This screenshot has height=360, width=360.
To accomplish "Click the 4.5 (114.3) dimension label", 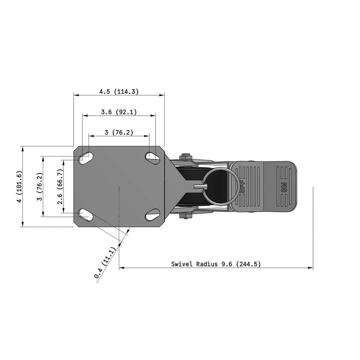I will pyautogui.click(x=119, y=91).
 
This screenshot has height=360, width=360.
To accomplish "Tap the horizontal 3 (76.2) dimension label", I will pyautogui.click(x=118, y=132).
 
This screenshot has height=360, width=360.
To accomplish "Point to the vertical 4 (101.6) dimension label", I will pyautogui.click(x=18, y=187).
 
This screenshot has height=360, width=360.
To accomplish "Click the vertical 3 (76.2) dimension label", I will pyautogui.click(x=39, y=187).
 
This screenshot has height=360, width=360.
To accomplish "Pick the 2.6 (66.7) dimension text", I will pyautogui.click(x=60, y=187).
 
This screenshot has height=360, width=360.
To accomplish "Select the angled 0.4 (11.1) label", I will pyautogui.click(x=105, y=263).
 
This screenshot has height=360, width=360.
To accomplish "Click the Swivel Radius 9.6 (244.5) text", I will pyautogui.click(x=216, y=264).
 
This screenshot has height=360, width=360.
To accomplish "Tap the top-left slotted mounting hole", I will pyautogui.click(x=85, y=158).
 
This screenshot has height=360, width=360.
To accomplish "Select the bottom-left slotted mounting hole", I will pyautogui.click(x=85, y=215).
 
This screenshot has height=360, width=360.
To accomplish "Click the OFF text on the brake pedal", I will pyautogui.click(x=243, y=187).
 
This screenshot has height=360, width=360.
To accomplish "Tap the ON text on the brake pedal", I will pyautogui.click(x=283, y=187).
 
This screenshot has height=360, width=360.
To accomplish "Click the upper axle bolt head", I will pyautogui.click(x=184, y=157).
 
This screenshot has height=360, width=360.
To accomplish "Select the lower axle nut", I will pyautogui.click(x=184, y=216).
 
